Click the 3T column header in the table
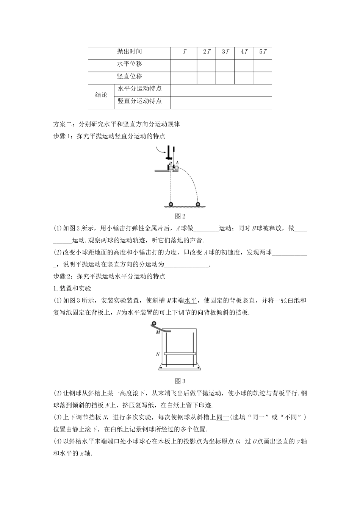click(x=225, y=52)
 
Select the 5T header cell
click(x=263, y=52)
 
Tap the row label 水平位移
click(x=130, y=64)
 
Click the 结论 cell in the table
click(x=101, y=95)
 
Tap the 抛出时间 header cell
click(x=130, y=52)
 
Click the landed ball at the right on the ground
click(x=198, y=205)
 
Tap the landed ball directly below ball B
click(x=171, y=205)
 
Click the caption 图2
click(x=180, y=216)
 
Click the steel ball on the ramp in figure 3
click(x=154, y=324)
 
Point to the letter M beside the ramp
click(x=158, y=332)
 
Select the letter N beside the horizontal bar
click(x=158, y=354)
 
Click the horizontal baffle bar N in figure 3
click(x=180, y=354)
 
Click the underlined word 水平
click(x=191, y=300)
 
